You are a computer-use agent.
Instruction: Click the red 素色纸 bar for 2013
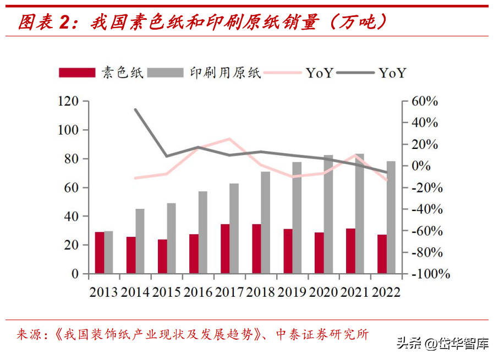click(100, 253)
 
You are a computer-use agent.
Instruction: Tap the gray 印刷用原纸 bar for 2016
click(203, 232)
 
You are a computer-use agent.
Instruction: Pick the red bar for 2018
click(256, 248)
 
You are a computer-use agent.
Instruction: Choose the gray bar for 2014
click(140, 241)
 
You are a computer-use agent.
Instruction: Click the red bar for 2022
click(382, 254)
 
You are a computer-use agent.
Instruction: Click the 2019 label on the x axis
click(292, 291)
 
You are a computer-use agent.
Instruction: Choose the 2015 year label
click(166, 291)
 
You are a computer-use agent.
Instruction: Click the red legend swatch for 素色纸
click(77, 73)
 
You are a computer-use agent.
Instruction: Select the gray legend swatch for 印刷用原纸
click(167, 73)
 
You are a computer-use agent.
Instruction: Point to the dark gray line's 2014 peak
click(136, 109)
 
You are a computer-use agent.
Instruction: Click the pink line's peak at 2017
click(229, 139)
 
